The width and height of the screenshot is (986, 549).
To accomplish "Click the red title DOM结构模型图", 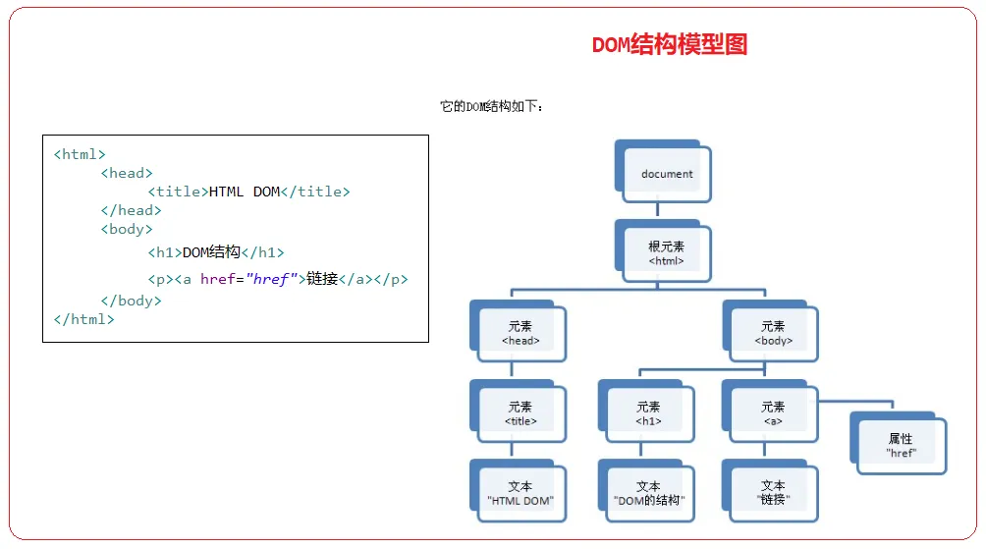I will [670, 45].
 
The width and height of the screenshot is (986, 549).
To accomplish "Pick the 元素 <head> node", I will [520, 334].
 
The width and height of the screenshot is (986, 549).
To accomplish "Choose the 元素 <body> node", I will [773, 334].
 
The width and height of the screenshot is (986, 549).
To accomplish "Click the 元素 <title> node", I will [520, 413].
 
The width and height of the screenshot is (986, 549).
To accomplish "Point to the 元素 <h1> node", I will [648, 413].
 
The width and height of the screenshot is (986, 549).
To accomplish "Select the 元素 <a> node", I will [773, 413].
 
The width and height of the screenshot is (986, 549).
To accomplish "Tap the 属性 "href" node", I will [901, 446].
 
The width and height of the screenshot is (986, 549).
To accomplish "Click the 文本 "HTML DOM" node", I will [520, 493].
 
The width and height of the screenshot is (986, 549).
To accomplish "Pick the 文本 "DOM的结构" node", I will [648, 493].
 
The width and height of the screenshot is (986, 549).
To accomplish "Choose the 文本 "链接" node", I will [773, 493].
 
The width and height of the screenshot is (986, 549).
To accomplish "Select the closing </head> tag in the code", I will [131, 210].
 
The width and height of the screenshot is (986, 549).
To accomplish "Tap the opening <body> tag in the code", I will [127, 229].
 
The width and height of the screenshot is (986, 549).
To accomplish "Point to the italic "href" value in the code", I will [270, 279].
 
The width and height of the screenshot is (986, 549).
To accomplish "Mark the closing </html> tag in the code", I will [84, 319].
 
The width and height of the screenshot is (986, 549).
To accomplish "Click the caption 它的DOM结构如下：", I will [491, 106].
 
